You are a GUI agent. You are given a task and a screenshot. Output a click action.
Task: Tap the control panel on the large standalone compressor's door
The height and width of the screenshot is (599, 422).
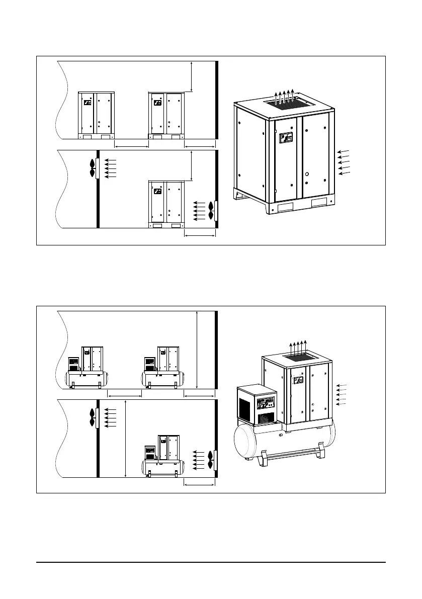point(285,139)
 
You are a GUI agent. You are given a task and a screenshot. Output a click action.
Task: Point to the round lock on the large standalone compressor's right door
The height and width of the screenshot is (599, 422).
point(307,175)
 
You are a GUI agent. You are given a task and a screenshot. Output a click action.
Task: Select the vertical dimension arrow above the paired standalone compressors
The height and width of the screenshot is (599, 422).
point(192,75)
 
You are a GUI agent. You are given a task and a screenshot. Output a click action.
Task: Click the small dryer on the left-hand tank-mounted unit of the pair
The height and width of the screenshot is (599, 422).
point(74,366)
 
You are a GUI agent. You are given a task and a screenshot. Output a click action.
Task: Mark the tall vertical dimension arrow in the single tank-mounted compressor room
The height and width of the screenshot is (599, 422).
point(125,439)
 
